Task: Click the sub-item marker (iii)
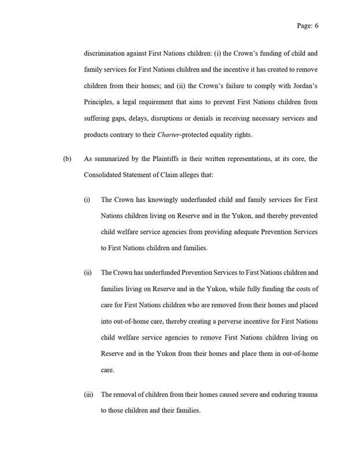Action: click(89, 394)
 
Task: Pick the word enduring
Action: click(270, 394)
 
